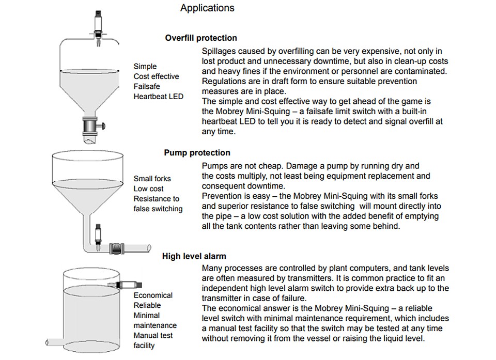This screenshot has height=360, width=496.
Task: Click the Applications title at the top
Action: (207, 8)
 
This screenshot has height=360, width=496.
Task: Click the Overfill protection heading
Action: (201, 38)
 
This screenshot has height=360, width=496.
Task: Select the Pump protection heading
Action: (197, 152)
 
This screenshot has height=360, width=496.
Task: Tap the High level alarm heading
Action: (194, 256)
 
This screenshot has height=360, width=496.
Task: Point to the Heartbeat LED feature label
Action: (158, 96)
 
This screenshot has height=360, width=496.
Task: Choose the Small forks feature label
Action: (152, 179)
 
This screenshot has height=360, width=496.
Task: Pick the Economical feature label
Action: (153, 295)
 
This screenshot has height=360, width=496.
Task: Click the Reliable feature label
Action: (147, 305)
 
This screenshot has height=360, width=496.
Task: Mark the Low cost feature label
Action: (148, 189)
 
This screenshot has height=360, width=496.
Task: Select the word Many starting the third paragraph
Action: (212, 268)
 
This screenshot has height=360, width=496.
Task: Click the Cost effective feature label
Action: (156, 76)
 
